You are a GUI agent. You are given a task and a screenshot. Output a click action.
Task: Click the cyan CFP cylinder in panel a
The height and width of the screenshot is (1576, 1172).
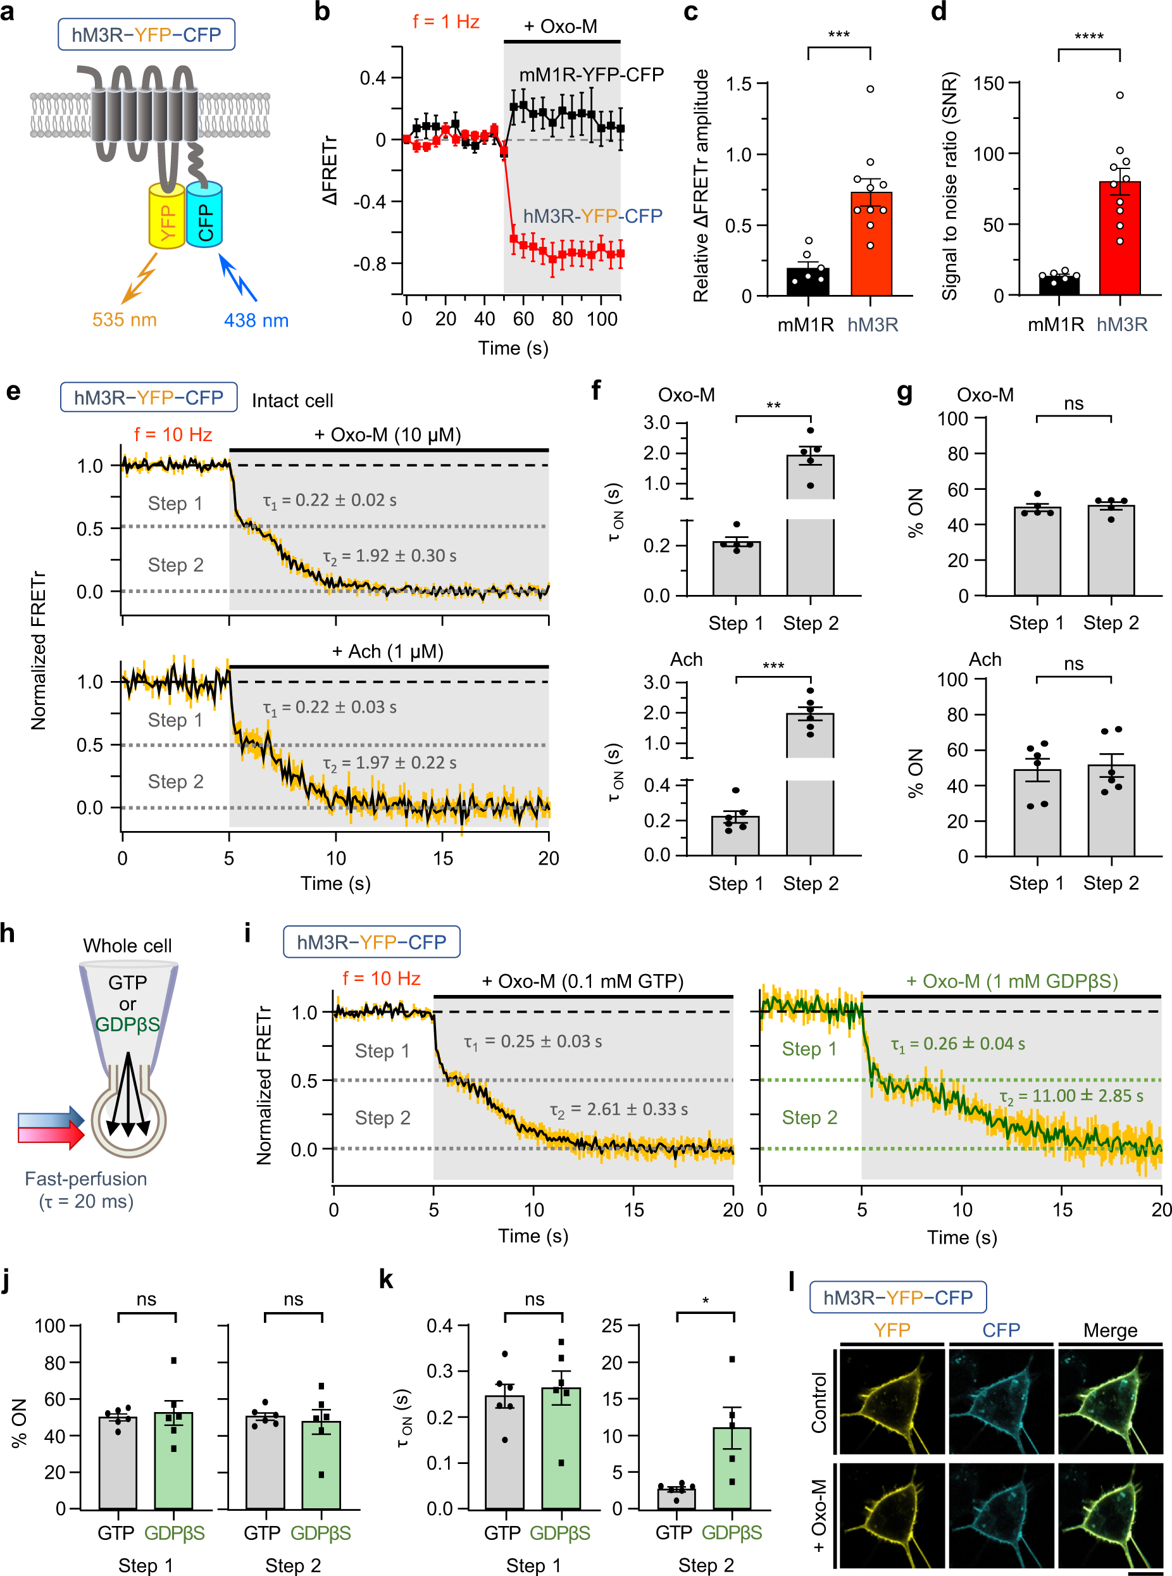click(204, 215)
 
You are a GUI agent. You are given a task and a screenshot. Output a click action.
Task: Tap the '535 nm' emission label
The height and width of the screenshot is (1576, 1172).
click(124, 320)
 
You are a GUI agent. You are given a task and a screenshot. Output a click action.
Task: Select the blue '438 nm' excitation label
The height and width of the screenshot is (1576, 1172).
click(256, 320)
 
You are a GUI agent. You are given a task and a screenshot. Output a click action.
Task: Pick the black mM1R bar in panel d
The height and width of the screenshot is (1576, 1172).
click(1059, 285)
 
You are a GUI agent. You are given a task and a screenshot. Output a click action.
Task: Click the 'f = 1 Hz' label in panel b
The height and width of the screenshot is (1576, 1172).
click(446, 22)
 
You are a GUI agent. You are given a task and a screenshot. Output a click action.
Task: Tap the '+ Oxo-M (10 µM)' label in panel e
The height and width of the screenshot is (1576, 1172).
click(387, 434)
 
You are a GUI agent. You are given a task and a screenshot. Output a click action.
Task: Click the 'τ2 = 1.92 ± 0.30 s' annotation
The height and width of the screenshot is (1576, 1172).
click(389, 556)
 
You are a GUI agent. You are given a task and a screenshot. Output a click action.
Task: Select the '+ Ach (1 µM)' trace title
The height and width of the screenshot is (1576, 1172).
click(387, 651)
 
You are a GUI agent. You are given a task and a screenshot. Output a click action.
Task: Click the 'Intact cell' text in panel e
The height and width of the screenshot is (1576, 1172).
click(292, 401)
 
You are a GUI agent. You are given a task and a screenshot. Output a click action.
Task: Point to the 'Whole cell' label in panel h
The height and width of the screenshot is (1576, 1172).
click(127, 945)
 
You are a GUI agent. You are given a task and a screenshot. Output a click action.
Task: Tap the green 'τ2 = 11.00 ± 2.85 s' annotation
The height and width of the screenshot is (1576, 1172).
click(1071, 1096)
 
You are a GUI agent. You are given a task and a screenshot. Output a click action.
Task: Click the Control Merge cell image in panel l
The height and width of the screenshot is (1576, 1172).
click(1109, 1401)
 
